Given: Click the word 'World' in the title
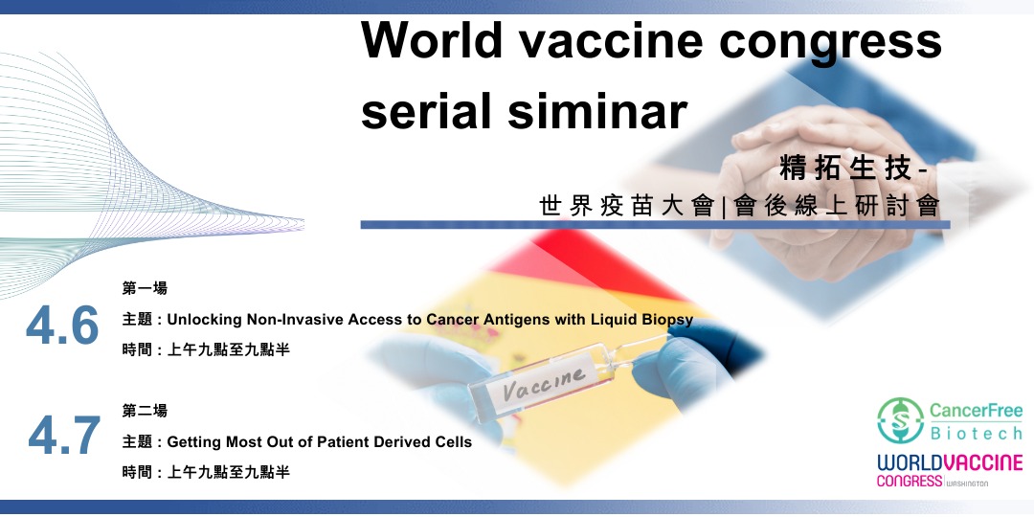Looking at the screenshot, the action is pyautogui.click(x=431, y=40).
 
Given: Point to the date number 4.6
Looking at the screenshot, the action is pyautogui.click(x=62, y=326).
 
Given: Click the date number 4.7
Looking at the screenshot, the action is pyautogui.click(x=64, y=436).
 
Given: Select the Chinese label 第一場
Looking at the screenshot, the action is pyautogui.click(x=145, y=288).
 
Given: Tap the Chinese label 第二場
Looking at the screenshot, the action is pyautogui.click(x=145, y=411).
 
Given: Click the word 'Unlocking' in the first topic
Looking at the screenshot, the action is pyautogui.click(x=205, y=321).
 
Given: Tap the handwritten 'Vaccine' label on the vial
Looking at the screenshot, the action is pyautogui.click(x=544, y=383).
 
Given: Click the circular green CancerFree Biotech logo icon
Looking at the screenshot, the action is pyautogui.click(x=900, y=420).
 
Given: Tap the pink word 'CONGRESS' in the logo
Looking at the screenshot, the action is pyautogui.click(x=910, y=481).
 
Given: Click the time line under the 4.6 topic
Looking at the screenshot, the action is pyautogui.click(x=206, y=350).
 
